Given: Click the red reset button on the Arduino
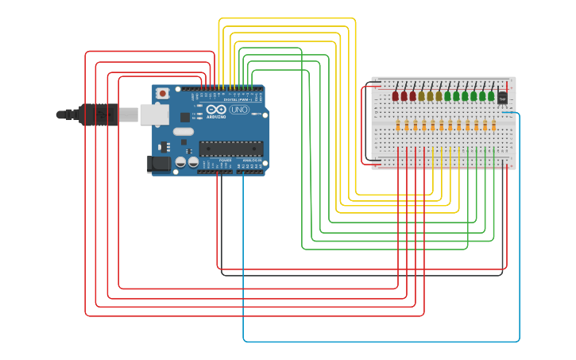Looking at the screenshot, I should (x=162, y=93).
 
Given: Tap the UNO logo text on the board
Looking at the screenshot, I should (x=239, y=110).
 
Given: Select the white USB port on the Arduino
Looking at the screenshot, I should (x=154, y=114).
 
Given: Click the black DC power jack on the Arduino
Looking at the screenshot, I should (x=158, y=165).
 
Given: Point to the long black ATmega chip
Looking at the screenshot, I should (x=230, y=148).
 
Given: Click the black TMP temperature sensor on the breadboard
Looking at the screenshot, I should (x=502, y=98).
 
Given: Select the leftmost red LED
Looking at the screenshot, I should (x=396, y=96).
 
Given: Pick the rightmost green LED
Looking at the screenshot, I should (x=491, y=96).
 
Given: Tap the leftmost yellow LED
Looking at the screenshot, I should (x=422, y=96).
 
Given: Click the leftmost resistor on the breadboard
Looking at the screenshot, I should (x=398, y=125).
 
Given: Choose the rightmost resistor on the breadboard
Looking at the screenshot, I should (x=493, y=125).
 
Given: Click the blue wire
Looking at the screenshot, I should (x=381, y=342).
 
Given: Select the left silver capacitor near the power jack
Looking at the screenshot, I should (x=181, y=162).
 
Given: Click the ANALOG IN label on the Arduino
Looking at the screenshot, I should (x=252, y=161).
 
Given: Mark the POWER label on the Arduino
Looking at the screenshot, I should (x=226, y=161).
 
